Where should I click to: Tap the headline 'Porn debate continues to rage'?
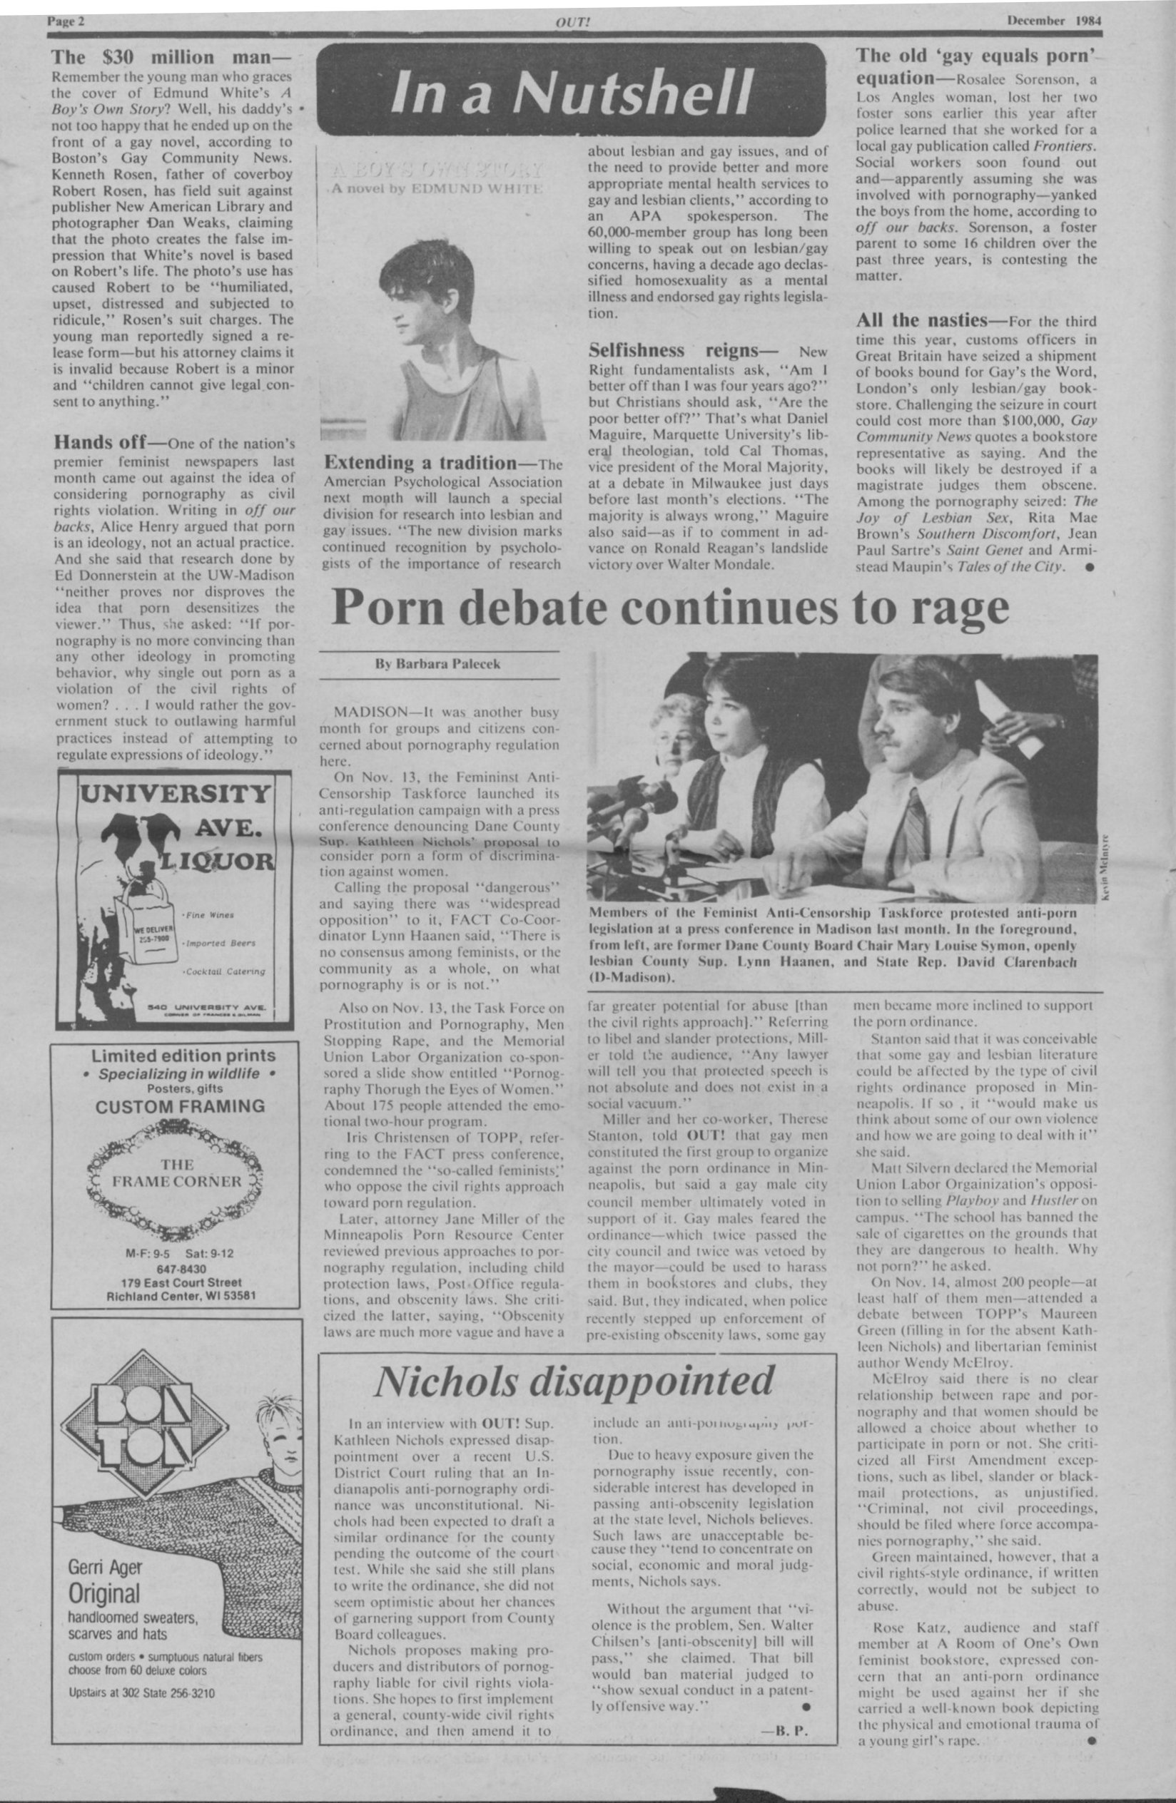[x=670, y=607]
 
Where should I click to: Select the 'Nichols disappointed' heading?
[x=574, y=1381]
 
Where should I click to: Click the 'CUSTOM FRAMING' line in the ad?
[x=180, y=1105]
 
